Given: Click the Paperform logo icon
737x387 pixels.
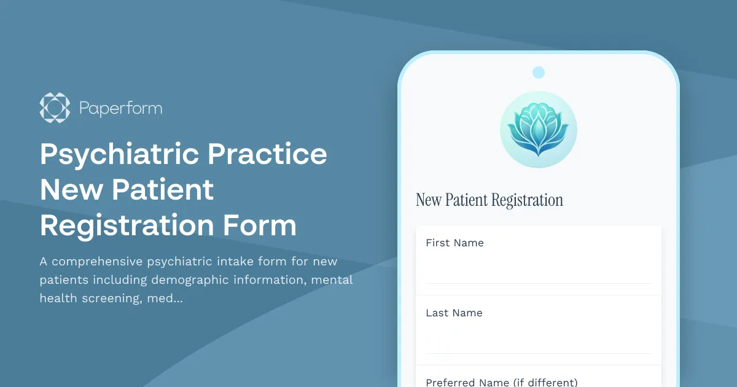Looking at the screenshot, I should pyautogui.click(x=55, y=107).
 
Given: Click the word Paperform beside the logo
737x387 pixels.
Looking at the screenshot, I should pyautogui.click(x=120, y=109).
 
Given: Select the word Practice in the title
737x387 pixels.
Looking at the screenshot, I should pyautogui.click(x=267, y=154).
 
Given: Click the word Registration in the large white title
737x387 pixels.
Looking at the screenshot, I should pyautogui.click(x=127, y=225).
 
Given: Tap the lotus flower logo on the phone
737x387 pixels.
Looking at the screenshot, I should pyautogui.click(x=538, y=130).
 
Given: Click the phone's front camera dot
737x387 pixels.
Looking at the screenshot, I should pyautogui.click(x=539, y=72).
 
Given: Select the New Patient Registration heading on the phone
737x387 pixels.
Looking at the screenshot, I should pyautogui.click(x=489, y=200).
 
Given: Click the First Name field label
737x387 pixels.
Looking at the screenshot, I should pyautogui.click(x=454, y=243).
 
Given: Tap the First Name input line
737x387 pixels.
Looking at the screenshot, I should pyautogui.click(x=538, y=270).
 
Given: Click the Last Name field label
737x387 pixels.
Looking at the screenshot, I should pyautogui.click(x=454, y=313).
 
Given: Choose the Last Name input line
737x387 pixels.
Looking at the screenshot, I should pyautogui.click(x=538, y=340).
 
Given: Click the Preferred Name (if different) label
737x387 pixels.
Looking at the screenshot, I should pyautogui.click(x=502, y=382).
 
